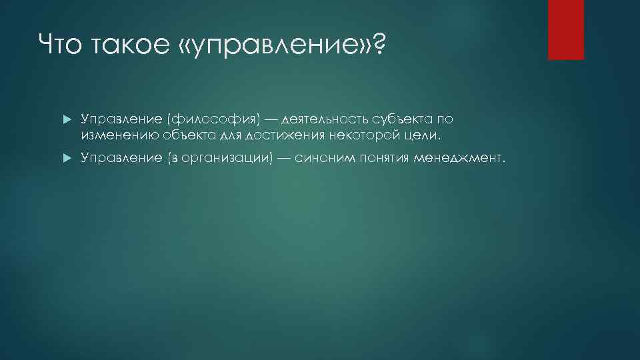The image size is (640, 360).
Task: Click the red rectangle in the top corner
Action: coord(565,30)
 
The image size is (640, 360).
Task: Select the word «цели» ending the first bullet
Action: coord(424,136)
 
